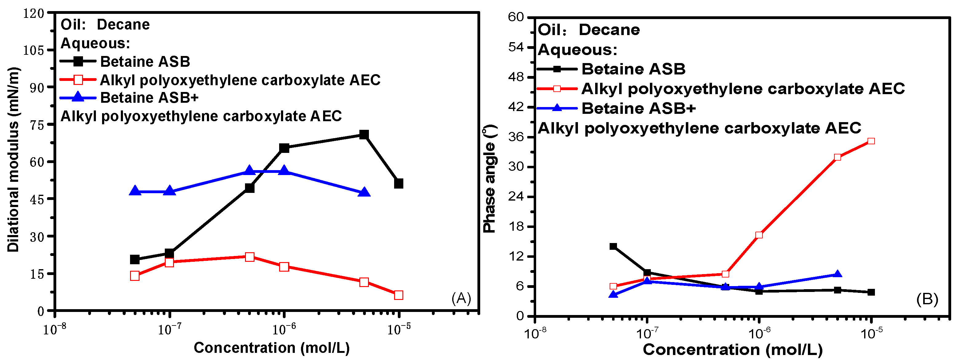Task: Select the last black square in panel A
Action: tap(399, 183)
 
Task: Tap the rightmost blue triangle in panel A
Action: tap(364, 192)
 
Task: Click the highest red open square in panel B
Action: tap(871, 141)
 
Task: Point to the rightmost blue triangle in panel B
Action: tap(837, 274)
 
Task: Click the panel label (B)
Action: tap(927, 299)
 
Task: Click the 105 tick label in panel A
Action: tap(34, 50)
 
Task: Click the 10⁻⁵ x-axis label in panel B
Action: tap(871, 333)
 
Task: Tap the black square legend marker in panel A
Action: tap(78, 61)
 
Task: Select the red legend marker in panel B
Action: tap(557, 89)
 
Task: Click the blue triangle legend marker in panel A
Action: tap(78, 98)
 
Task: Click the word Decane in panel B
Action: tap(609, 30)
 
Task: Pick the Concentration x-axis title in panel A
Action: tap(271, 348)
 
